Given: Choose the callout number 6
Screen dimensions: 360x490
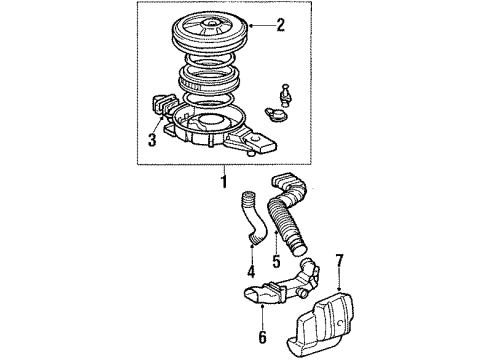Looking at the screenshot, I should [x=263, y=337].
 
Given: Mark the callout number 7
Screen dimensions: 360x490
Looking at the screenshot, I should [x=340, y=263].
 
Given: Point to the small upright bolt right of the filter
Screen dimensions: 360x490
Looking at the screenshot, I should [x=289, y=96].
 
